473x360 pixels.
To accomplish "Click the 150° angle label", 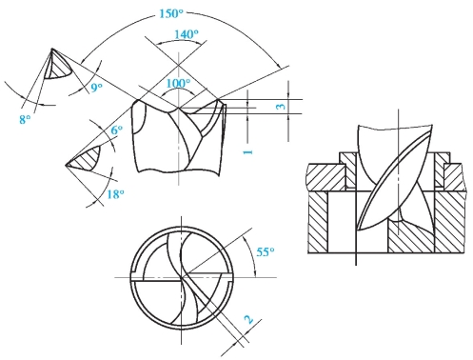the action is pyautogui.click(x=171, y=13).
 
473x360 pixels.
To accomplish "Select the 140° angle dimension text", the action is pyautogui.click(x=187, y=34).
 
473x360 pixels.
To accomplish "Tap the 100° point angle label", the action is pyautogui.click(x=178, y=84).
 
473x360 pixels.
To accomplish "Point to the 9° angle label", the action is pyautogui.click(x=96, y=88).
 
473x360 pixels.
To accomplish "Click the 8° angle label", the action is pyautogui.click(x=25, y=119).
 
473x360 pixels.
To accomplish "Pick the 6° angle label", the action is pyautogui.click(x=117, y=130).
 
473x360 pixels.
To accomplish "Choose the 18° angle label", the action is pyautogui.click(x=115, y=194).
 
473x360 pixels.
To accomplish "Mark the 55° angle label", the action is pyautogui.click(x=266, y=252).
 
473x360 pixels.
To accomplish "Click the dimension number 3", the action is pyautogui.click(x=281, y=107).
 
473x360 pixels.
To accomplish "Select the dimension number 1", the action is pyautogui.click(x=248, y=152).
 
